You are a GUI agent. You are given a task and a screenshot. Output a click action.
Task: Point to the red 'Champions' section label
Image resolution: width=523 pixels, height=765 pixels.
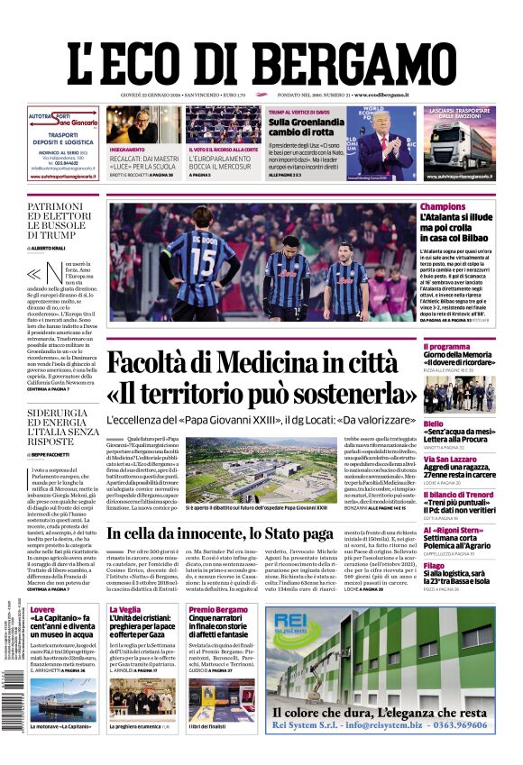click(443, 207)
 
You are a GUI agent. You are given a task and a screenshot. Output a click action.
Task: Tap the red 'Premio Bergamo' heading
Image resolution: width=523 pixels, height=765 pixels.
click(217, 610)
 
